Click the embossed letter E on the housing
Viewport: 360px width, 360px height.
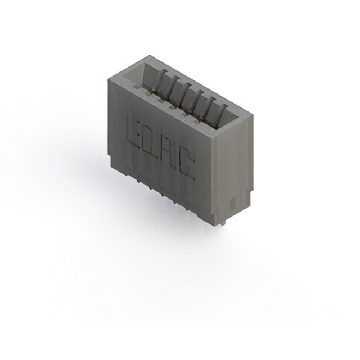click(x=134, y=131)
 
